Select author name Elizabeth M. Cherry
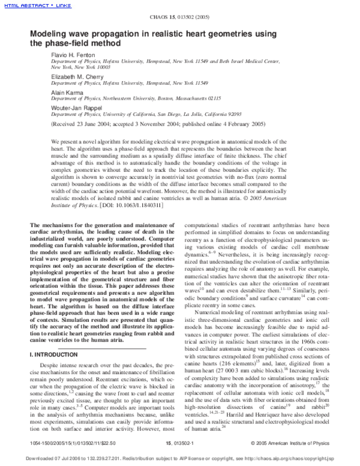(75, 76)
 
